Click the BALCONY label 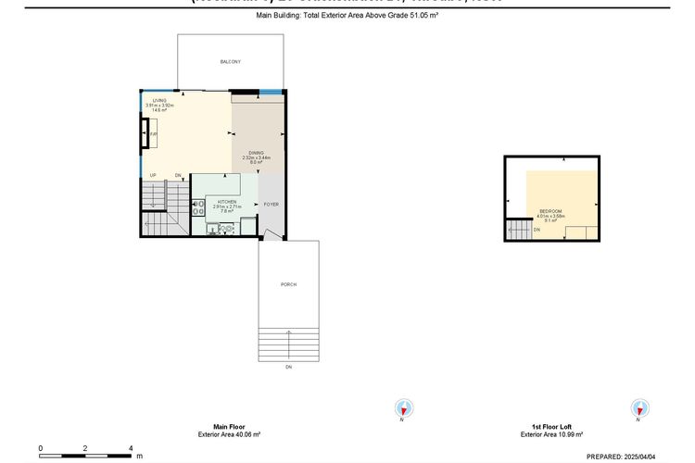pyautogui.click(x=230, y=62)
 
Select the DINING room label pyautogui.click(x=256, y=153)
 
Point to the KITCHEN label pyautogui.click(x=227, y=202)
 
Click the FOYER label pyautogui.click(x=271, y=204)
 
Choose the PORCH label pyautogui.click(x=288, y=284)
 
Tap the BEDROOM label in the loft pyautogui.click(x=551, y=212)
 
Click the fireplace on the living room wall pyautogui.click(x=148, y=137)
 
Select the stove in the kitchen pyautogui.click(x=197, y=207)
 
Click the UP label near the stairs pyautogui.click(x=153, y=176)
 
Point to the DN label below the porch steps pyautogui.click(x=288, y=367)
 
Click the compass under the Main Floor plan pyautogui.click(x=403, y=407)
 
